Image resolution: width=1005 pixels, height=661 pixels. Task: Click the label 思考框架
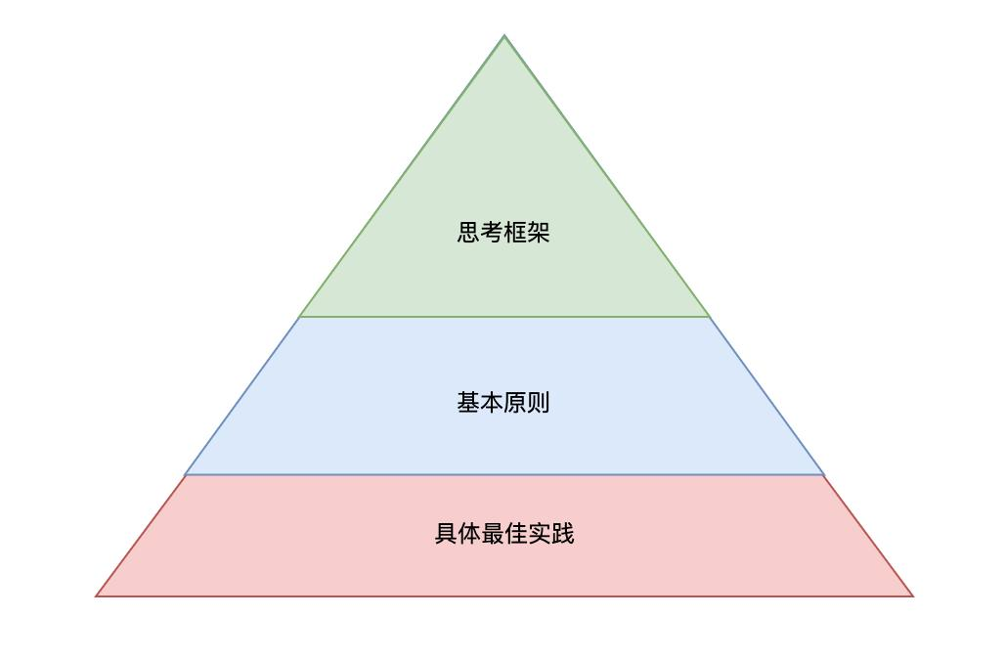[x=503, y=233]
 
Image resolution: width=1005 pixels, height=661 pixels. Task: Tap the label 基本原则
[x=503, y=402]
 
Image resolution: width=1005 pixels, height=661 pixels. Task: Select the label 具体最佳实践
[x=503, y=534]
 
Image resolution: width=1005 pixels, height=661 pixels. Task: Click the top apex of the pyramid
[x=504, y=36]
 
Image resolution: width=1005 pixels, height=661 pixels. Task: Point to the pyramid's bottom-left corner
[x=96, y=595]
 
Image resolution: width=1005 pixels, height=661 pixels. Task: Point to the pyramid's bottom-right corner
[x=912, y=595]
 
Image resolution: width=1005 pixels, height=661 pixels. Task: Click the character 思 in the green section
[x=469, y=233]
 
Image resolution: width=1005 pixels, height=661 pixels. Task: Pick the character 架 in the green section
[x=539, y=233]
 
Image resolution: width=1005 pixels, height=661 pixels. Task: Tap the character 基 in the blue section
[x=469, y=402]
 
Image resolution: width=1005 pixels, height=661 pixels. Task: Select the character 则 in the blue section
[x=539, y=402]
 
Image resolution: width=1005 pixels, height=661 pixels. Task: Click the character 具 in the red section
[x=446, y=534]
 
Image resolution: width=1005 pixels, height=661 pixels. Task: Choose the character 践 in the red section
[x=562, y=534]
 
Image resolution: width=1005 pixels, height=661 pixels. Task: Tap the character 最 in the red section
[x=493, y=534]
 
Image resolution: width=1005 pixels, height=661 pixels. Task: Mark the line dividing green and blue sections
[x=504, y=317]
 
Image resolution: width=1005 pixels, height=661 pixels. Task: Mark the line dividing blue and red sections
[x=504, y=475]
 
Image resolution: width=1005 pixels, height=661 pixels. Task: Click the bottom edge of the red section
[x=504, y=595]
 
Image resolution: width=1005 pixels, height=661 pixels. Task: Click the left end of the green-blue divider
[x=300, y=317]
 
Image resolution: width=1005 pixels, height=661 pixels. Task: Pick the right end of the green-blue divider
[x=710, y=317]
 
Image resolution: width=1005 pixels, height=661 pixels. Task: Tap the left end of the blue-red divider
[x=185, y=475]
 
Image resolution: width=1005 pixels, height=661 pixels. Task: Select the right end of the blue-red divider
[x=824, y=475]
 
